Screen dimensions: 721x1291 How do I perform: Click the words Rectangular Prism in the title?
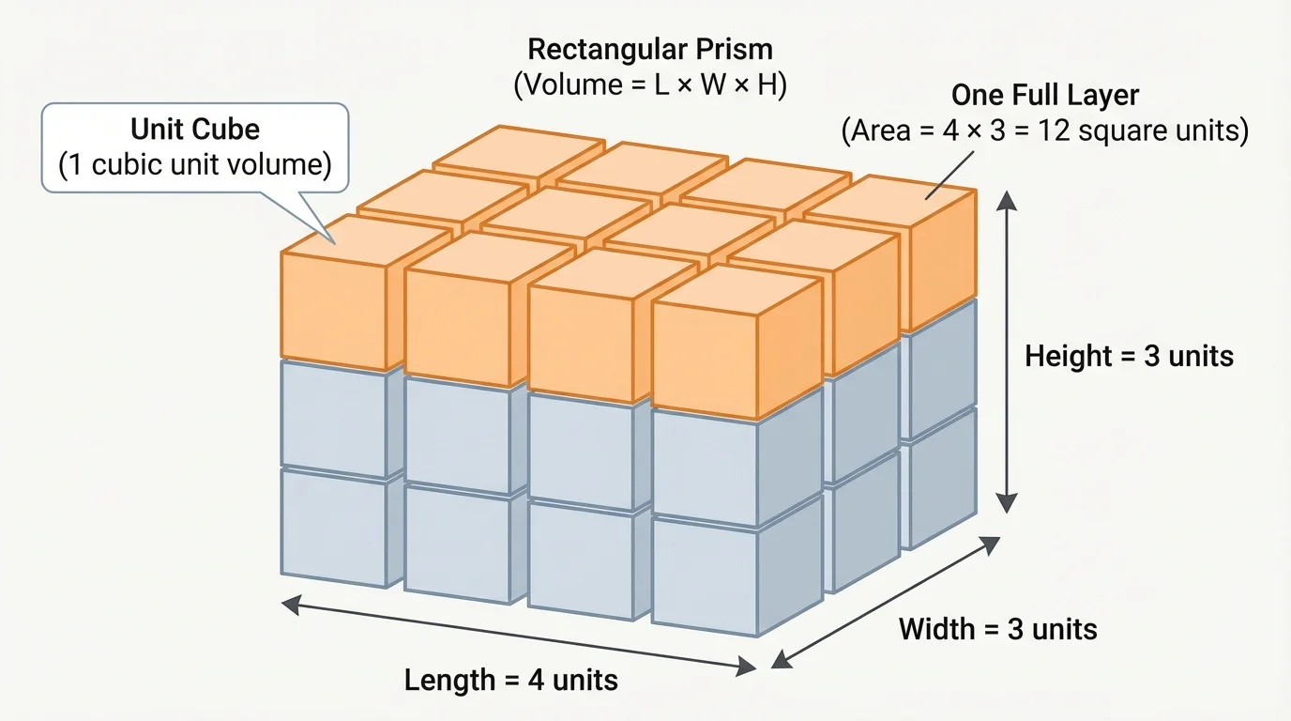tap(649, 49)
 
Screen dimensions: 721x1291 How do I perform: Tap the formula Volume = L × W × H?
tap(649, 85)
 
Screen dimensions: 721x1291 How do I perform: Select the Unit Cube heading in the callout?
tap(195, 129)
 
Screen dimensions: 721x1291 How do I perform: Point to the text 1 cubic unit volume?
tap(195, 165)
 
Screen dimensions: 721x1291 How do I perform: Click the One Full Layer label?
tap(1044, 95)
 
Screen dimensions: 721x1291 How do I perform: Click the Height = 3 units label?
tap(1129, 356)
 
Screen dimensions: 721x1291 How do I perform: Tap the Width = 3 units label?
tap(998, 628)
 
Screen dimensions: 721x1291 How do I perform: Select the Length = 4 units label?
tap(511, 679)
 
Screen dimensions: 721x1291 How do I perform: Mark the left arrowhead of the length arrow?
tap(289, 605)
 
